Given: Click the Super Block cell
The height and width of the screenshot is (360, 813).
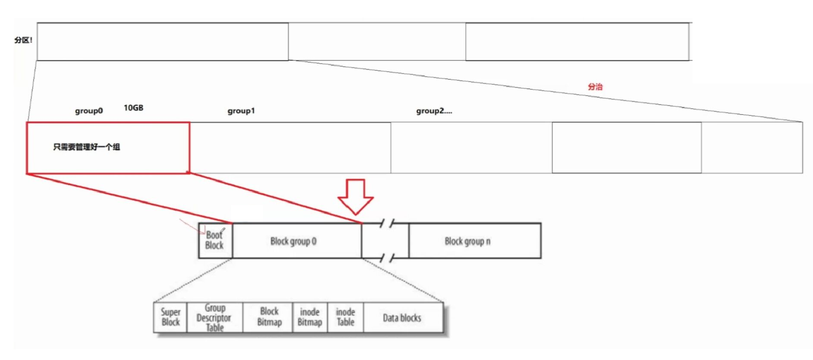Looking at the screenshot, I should coord(170,317).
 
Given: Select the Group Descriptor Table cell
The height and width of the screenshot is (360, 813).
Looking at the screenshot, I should coord(214,317).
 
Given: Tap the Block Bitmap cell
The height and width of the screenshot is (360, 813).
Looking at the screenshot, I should coord(269,317).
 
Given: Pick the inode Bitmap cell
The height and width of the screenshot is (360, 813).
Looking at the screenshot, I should coord(310,317).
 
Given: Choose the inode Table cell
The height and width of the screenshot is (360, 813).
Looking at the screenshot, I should coord(345,317).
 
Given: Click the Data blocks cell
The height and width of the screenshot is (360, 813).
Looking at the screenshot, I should coord(402,317).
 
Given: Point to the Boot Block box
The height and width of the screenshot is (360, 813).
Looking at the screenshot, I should coord(214,241).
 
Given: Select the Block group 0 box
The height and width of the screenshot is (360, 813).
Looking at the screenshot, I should coord(293,241).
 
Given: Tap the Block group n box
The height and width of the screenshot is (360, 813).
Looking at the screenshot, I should coord(467,241).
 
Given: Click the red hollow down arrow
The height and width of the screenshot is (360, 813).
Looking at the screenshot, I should coord(356,196).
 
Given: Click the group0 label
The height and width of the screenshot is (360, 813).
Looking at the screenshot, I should coord(89,110).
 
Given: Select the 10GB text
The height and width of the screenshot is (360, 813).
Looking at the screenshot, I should coord(133,108).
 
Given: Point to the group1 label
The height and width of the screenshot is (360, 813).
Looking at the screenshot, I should coord(241,110).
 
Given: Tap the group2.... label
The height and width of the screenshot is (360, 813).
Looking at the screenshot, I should coord(434,110).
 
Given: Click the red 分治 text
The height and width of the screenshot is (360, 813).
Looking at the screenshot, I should coord(595,87).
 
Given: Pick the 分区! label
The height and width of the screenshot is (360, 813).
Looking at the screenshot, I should coord(23,40).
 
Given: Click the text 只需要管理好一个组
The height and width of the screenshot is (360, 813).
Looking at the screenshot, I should coord(87,147).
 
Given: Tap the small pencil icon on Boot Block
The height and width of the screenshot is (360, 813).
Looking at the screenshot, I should coord(223,230).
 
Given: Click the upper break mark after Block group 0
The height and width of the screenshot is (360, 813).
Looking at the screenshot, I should coord(387,223).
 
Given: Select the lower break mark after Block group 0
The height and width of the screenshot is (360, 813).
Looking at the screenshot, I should coord(387,258).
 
